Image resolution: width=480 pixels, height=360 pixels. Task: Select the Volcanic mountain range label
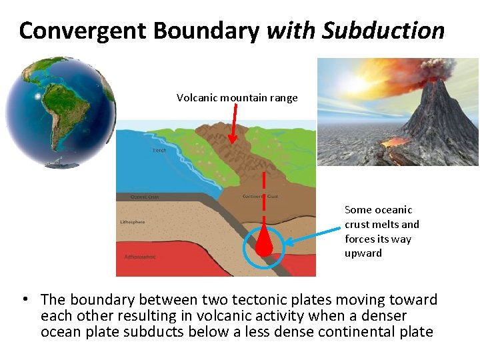(237, 98)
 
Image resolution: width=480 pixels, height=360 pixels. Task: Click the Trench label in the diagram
(160, 151)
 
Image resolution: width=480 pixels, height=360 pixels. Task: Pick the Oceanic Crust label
(144, 197)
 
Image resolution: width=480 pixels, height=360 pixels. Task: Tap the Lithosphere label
(132, 222)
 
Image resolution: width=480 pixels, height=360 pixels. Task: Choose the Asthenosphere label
(140, 256)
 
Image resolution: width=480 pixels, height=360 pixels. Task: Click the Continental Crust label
(260, 197)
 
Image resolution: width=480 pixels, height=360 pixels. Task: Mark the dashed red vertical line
(265, 200)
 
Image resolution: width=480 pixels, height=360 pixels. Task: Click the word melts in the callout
(387, 225)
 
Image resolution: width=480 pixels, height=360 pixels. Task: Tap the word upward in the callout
(363, 253)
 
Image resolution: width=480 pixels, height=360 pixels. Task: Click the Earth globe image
(60, 112)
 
